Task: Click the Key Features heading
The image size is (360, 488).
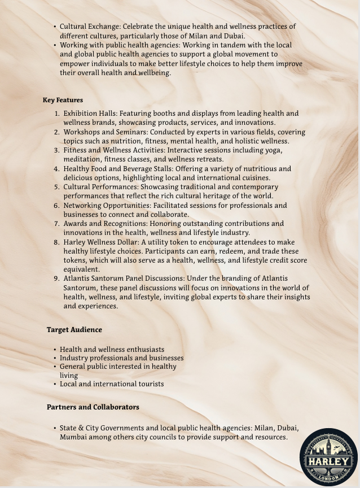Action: point(63,100)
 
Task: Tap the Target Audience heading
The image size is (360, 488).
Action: point(74,330)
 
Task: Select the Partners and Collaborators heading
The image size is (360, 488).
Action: point(93,407)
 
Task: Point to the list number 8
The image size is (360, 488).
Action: point(57,242)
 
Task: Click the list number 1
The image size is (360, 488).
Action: point(58,114)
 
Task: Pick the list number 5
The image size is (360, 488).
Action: point(57,187)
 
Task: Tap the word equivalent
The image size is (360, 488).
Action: point(81,269)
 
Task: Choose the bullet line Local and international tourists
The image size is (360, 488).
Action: point(112,384)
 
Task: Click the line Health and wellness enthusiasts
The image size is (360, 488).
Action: point(112,350)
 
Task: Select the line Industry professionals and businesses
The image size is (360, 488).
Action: point(121,358)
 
